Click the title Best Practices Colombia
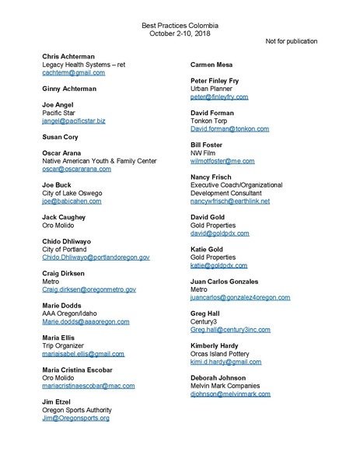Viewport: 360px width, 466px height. [180, 26]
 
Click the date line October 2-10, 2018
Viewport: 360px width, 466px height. [180, 34]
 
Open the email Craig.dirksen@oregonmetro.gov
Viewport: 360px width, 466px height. [89, 289]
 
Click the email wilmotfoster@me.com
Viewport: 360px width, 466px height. [222, 161]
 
